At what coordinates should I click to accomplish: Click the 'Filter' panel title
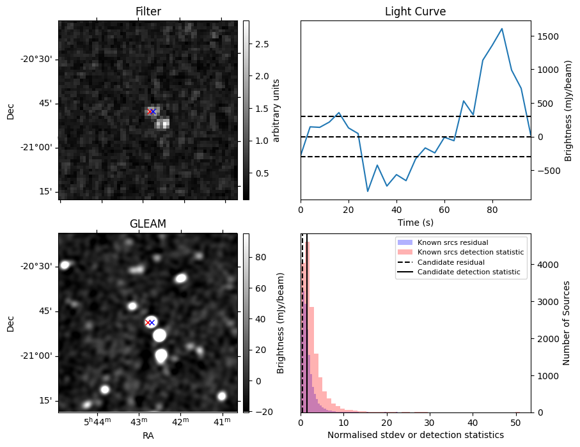(x=148, y=12)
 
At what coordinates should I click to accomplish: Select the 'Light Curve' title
(x=415, y=12)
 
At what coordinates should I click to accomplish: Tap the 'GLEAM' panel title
(x=148, y=224)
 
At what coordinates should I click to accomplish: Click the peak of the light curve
(x=502, y=29)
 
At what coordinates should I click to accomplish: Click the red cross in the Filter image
(x=150, y=111)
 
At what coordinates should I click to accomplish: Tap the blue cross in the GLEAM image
(x=152, y=322)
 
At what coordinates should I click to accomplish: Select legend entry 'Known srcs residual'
(x=452, y=242)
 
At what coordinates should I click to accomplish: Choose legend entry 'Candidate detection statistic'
(x=468, y=272)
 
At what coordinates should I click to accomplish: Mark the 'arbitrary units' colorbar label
(x=276, y=110)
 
